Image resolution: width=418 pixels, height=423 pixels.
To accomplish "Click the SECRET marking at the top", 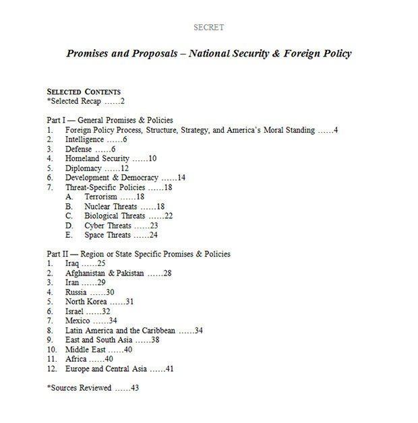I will [x=208, y=28].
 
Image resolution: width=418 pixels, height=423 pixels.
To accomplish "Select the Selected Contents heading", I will [x=84, y=91].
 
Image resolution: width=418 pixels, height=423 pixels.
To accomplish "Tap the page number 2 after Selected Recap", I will [x=123, y=101].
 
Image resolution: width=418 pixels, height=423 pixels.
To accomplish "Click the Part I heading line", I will [x=110, y=120].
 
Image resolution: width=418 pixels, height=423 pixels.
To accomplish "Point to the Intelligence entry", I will [x=85, y=139].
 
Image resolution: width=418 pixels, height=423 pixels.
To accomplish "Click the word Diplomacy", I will [x=83, y=168].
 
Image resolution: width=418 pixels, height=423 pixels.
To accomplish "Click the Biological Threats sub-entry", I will [x=115, y=216].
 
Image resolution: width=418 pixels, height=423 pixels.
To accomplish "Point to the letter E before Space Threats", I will [x=68, y=235].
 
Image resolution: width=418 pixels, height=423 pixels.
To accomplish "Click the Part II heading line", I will [x=138, y=254].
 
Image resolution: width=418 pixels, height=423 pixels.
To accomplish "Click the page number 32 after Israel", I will [x=106, y=311].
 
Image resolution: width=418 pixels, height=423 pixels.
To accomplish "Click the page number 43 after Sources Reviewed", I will [x=135, y=388].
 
